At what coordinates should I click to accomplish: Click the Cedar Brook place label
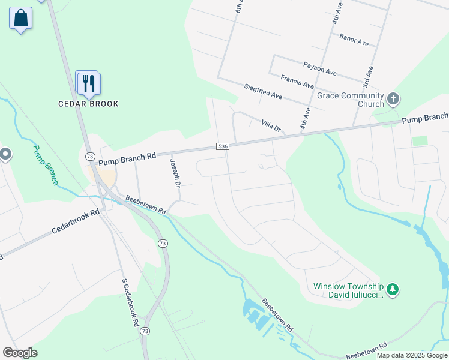tap(88, 104)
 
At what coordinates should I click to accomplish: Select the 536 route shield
tap(223, 146)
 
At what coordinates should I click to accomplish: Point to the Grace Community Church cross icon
tap(393, 98)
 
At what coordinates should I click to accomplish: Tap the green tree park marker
tap(393, 290)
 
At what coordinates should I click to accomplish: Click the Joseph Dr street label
tap(175, 173)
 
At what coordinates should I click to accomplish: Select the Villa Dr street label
tap(271, 125)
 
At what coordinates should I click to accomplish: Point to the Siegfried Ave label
tap(263, 91)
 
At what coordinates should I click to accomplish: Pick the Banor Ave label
tap(354, 40)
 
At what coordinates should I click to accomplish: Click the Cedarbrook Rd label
tap(74, 221)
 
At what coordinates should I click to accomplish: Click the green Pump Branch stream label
tap(46, 164)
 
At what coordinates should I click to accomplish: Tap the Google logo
tap(20, 353)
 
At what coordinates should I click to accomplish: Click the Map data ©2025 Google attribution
tap(411, 355)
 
